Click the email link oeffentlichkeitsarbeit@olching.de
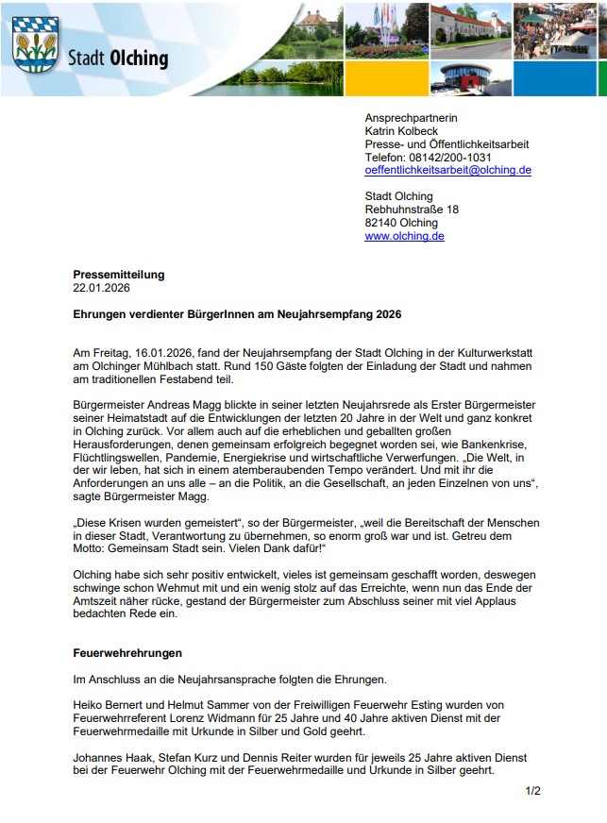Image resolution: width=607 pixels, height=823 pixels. pos(447,171)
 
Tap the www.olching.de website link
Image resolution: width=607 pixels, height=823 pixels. pos(404,236)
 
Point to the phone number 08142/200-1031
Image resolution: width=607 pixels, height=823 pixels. pos(450,158)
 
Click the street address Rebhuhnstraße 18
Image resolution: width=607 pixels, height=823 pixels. pos(412,210)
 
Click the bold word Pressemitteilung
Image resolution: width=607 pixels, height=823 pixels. pos(119,275)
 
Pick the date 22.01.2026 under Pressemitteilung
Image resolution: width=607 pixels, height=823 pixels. pos(102,288)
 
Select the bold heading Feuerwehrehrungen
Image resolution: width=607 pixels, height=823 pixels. pos(127,653)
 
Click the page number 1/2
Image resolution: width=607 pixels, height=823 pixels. pos(533,791)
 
